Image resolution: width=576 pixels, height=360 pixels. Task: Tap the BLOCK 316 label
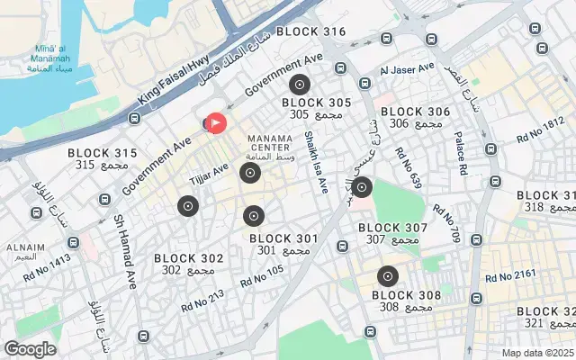click(310, 31)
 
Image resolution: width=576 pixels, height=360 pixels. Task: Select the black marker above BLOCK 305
click(300, 85)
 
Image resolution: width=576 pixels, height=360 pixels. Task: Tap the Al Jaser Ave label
click(407, 69)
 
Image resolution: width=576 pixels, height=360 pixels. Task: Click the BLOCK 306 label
click(415, 112)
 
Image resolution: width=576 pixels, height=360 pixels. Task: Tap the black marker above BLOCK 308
click(388, 276)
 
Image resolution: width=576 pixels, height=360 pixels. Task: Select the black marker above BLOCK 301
click(254, 216)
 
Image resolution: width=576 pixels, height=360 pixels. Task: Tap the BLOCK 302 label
click(188, 258)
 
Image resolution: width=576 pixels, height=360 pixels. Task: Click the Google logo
click(31, 349)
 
